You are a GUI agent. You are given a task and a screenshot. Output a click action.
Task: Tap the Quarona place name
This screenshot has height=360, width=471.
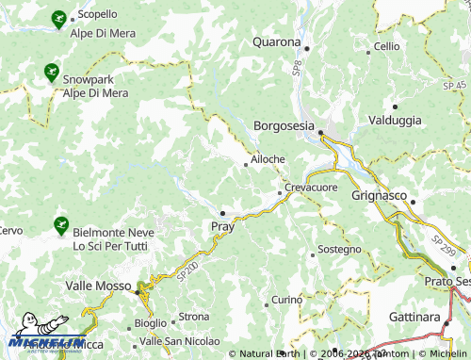276,41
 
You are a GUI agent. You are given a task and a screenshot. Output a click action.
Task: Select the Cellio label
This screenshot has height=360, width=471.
387,46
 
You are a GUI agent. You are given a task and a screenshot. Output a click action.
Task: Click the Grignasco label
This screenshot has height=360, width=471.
378,196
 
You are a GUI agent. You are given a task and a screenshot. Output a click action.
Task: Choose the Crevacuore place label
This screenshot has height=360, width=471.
311,188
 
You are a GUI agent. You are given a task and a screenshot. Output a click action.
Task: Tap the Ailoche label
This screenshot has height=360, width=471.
268,159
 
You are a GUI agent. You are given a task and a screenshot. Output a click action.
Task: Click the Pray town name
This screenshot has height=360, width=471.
222,226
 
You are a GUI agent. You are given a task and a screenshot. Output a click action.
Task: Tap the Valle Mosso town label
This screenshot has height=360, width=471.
100,284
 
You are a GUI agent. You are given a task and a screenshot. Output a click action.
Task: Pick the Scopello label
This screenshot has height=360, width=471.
97,15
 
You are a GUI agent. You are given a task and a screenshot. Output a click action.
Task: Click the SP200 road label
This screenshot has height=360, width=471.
187,270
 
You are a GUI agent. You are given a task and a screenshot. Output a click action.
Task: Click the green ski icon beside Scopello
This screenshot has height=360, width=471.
58,18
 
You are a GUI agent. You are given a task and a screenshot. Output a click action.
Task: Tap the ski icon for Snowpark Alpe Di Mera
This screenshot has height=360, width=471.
49,70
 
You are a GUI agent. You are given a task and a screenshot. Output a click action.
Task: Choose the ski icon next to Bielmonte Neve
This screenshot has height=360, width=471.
60,225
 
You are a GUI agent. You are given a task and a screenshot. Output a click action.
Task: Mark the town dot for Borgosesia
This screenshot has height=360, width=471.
320,133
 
